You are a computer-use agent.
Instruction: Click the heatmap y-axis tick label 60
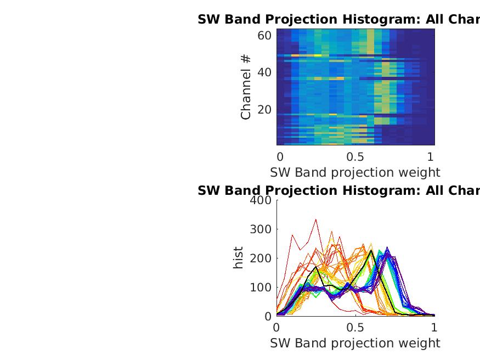click(x=264, y=36)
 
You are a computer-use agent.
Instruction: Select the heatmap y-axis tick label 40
click(x=264, y=72)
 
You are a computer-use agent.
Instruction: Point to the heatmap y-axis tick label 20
click(x=264, y=110)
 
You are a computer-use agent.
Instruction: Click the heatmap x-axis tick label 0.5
click(x=355, y=156)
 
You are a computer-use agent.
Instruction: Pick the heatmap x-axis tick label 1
click(x=430, y=156)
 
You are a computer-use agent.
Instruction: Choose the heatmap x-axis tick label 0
click(x=280, y=156)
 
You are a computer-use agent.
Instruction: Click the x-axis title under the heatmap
click(x=355, y=172)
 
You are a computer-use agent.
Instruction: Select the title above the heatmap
click(x=338, y=20)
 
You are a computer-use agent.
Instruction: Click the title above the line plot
click(x=338, y=190)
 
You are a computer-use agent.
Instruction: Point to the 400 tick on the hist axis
click(x=261, y=200)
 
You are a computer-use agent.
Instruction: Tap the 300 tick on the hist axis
click(x=261, y=229)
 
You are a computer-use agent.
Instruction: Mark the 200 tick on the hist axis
click(x=261, y=258)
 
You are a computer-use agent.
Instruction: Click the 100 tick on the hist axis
click(x=261, y=288)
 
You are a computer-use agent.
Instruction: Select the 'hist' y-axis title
click(x=238, y=258)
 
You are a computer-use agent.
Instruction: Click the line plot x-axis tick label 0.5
click(x=355, y=327)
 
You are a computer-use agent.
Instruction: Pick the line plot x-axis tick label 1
click(x=434, y=327)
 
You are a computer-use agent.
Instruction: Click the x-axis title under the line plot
click(x=355, y=343)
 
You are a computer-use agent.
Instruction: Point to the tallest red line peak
click(x=316, y=220)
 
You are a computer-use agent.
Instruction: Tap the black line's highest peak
click(x=371, y=250)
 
